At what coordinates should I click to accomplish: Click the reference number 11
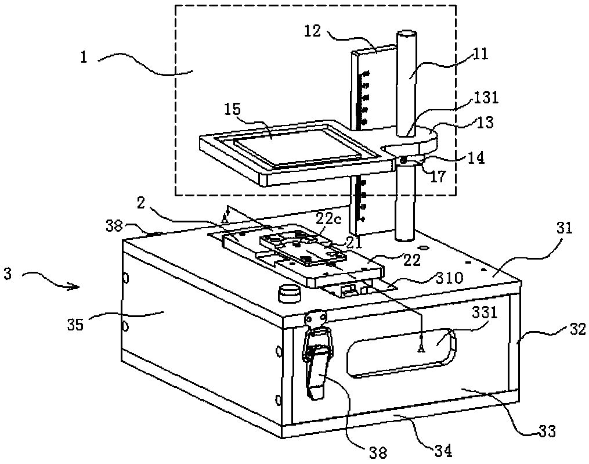point(480,54)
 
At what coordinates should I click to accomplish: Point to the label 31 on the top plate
point(563,229)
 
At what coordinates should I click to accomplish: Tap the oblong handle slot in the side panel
point(400,353)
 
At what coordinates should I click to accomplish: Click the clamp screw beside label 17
point(403,159)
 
